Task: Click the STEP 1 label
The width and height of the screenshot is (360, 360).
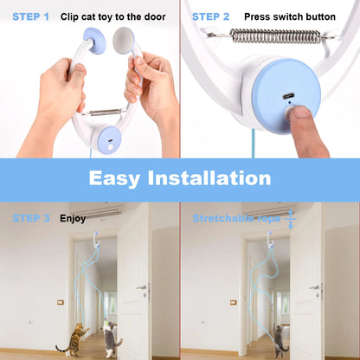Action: [x=31, y=16]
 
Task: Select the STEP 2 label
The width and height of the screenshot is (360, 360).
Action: [x=210, y=16]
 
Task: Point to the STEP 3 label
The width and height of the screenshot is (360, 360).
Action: [x=31, y=218]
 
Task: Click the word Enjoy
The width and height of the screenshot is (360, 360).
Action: [x=73, y=218]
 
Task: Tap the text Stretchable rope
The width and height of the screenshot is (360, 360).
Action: [x=238, y=218]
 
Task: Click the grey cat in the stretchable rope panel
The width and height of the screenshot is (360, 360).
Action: [x=282, y=337]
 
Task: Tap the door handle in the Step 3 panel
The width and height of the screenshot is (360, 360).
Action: [x=141, y=286]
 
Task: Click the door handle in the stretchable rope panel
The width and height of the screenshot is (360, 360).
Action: [x=315, y=286]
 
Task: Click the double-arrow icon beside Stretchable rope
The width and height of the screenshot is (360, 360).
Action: [x=292, y=218]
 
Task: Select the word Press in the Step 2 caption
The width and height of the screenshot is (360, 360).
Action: [x=258, y=16]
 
